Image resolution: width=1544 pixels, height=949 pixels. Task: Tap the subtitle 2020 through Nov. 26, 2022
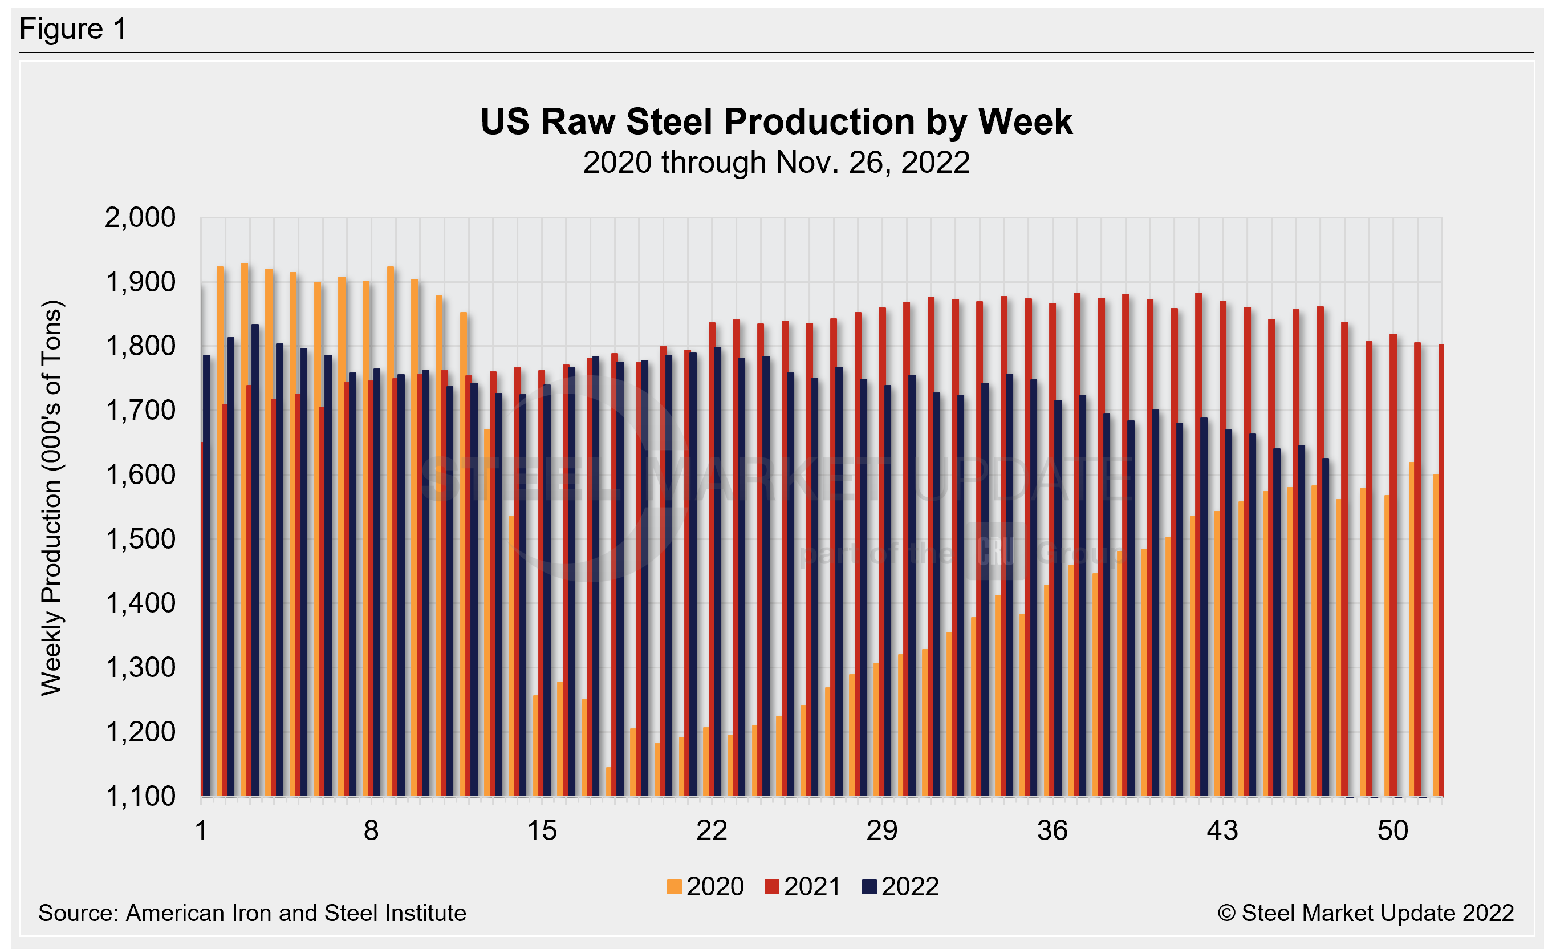pyautogui.click(x=776, y=163)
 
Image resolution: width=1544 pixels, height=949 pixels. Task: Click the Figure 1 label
pyautogui.click(x=73, y=29)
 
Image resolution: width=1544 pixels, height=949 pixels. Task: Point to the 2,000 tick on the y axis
pyautogui.click(x=140, y=218)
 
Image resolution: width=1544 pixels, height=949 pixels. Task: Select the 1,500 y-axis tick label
pyautogui.click(x=140, y=539)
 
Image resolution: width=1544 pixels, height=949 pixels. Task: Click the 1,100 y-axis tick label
pyautogui.click(x=140, y=797)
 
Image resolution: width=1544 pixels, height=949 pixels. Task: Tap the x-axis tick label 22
pyautogui.click(x=712, y=831)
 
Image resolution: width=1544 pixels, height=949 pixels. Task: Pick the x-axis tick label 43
pyautogui.click(x=1222, y=831)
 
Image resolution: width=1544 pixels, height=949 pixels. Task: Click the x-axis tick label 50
pyautogui.click(x=1393, y=831)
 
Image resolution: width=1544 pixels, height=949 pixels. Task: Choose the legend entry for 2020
pyautogui.click(x=705, y=887)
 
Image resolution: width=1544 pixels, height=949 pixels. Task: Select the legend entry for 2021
pyautogui.click(x=802, y=887)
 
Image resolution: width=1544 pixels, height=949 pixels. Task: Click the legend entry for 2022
pyautogui.click(x=900, y=887)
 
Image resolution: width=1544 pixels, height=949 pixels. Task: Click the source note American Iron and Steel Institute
pyautogui.click(x=251, y=913)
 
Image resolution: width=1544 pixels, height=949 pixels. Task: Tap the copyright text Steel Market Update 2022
pyautogui.click(x=1366, y=913)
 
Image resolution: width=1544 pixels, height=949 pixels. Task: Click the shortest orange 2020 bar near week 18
pyautogui.click(x=608, y=782)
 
